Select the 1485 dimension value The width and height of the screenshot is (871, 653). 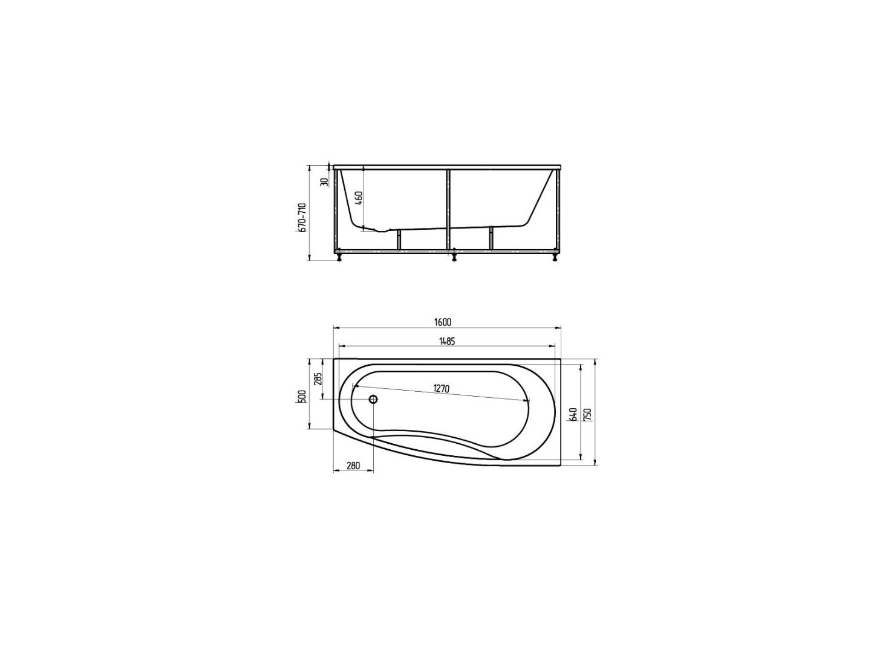pos(446,341)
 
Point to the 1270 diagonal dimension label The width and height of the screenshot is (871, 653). pos(441,389)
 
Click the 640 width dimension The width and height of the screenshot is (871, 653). pos(572,415)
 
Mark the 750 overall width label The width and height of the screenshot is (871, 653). pos(588,415)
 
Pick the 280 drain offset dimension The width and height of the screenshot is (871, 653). pos(353,466)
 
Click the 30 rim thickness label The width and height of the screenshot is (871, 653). pos(324,182)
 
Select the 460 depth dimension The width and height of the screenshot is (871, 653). pos(358,198)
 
